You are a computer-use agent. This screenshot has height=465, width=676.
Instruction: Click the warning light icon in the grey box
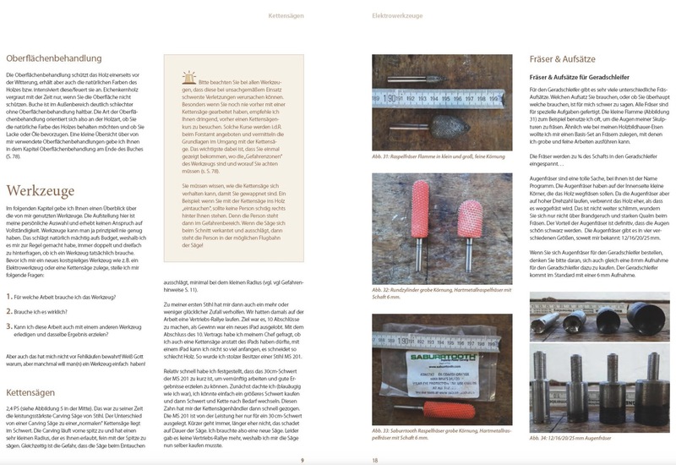(x=184, y=79)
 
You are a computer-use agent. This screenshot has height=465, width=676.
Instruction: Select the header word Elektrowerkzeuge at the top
(x=400, y=15)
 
